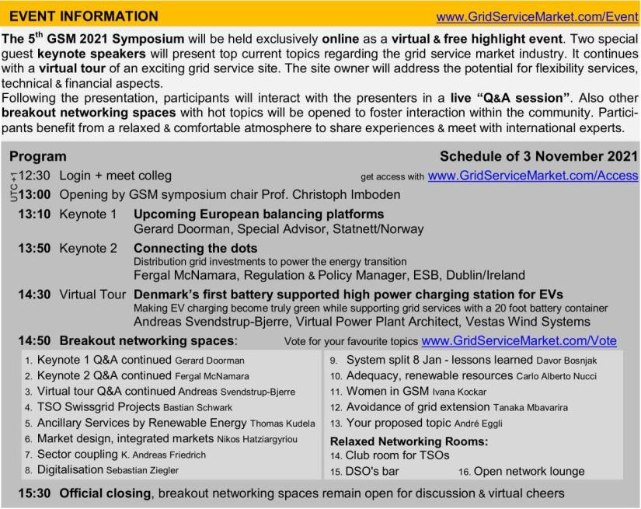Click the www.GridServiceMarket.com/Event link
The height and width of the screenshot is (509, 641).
537,16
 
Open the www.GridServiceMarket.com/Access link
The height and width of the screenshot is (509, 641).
533,176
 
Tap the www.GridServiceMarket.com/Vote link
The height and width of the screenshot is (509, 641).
519,340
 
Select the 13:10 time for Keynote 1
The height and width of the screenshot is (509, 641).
35,214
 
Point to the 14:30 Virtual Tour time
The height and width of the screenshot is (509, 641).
35,295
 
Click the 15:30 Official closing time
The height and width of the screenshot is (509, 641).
35,493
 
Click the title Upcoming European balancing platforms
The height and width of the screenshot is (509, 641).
259,214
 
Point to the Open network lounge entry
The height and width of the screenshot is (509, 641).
529,471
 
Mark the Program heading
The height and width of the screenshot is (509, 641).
37,156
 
